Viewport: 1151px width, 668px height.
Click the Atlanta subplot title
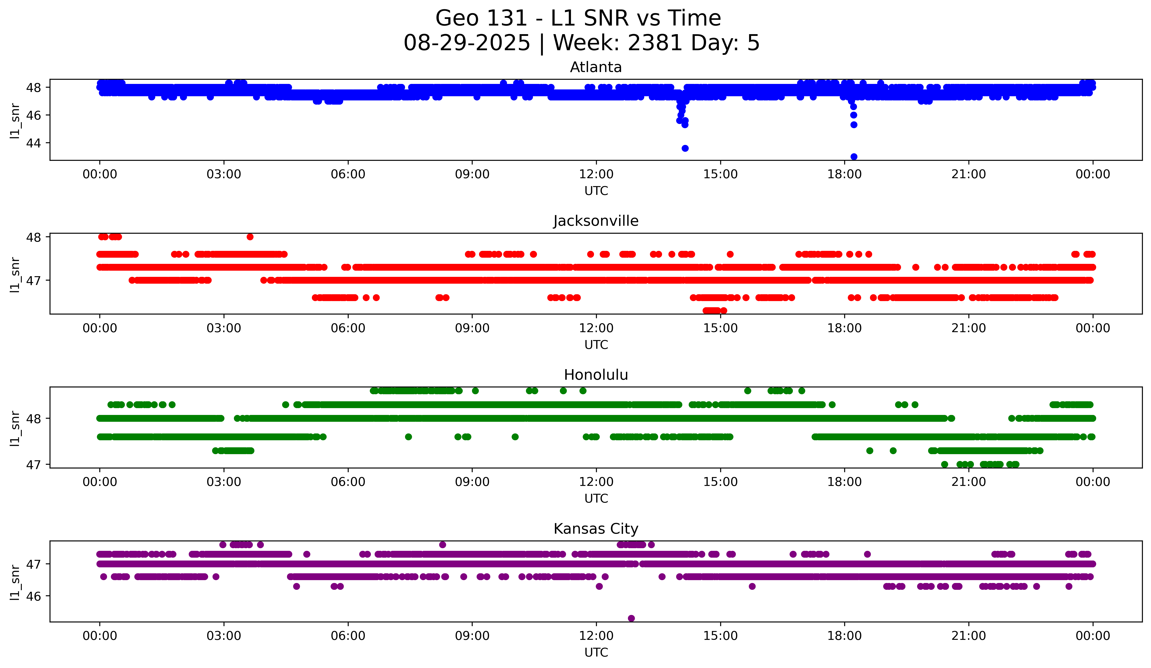click(x=596, y=67)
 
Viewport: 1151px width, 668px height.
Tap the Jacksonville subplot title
click(x=596, y=221)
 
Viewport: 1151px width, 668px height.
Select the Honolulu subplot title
click(x=596, y=375)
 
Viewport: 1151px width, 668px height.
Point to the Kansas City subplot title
click(x=596, y=529)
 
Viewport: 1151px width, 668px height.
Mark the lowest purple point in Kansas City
click(x=631, y=618)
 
